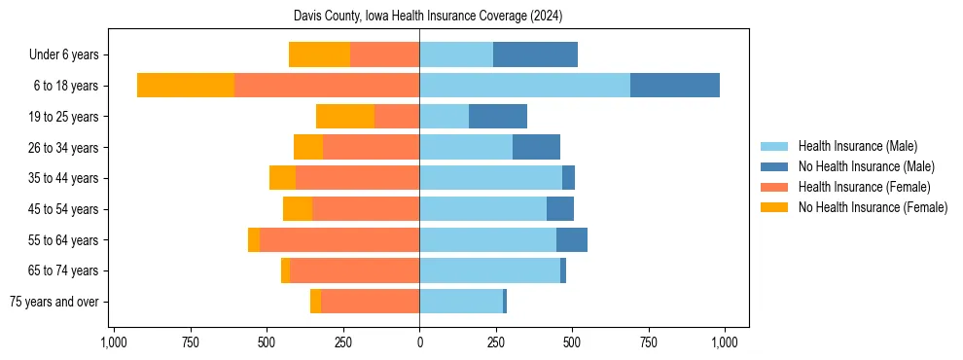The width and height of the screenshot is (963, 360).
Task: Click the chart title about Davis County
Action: coord(428,17)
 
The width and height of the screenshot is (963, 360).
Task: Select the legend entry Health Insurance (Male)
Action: coord(857,146)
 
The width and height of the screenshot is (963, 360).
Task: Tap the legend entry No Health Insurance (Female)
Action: coord(873,207)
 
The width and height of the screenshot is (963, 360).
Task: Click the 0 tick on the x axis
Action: coord(419,342)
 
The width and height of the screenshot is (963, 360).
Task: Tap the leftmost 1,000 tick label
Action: coord(114,342)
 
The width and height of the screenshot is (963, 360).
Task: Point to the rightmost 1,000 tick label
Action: coord(725,342)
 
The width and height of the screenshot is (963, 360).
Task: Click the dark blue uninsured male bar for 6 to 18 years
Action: coord(675,86)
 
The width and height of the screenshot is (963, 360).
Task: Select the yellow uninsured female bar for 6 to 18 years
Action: coord(186,86)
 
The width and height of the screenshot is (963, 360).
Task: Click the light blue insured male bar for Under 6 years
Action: coord(456,55)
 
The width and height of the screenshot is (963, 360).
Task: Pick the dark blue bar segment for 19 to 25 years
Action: coord(498,117)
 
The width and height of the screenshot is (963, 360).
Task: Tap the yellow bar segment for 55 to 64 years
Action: coord(254,239)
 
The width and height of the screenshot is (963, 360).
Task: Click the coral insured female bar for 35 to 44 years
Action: coord(357,178)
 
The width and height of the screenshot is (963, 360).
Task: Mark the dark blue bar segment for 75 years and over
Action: coord(505,302)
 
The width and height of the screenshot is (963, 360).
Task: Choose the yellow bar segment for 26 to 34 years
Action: coord(308,147)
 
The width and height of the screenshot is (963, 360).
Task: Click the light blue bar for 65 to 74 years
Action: coord(489,270)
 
